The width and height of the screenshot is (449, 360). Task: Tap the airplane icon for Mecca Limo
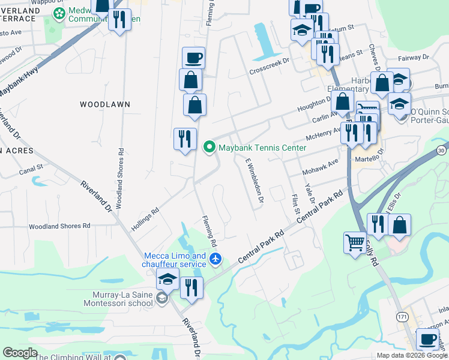pyautogui.click(x=216, y=260)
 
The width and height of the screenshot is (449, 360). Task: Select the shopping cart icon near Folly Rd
pyautogui.click(x=354, y=242)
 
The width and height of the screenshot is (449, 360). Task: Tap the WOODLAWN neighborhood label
pyautogui.click(x=105, y=104)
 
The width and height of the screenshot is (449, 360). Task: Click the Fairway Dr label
pyautogui.click(x=414, y=58)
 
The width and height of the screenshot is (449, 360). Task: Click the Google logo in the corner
pyautogui.click(x=20, y=353)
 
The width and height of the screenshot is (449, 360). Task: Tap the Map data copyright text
pyautogui.click(x=412, y=355)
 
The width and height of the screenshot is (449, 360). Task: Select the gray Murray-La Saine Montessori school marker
pyautogui.click(x=161, y=298)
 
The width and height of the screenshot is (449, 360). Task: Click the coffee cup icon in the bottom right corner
pyautogui.click(x=427, y=339)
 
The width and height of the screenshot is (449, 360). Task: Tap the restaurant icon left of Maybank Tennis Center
pyautogui.click(x=185, y=139)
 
